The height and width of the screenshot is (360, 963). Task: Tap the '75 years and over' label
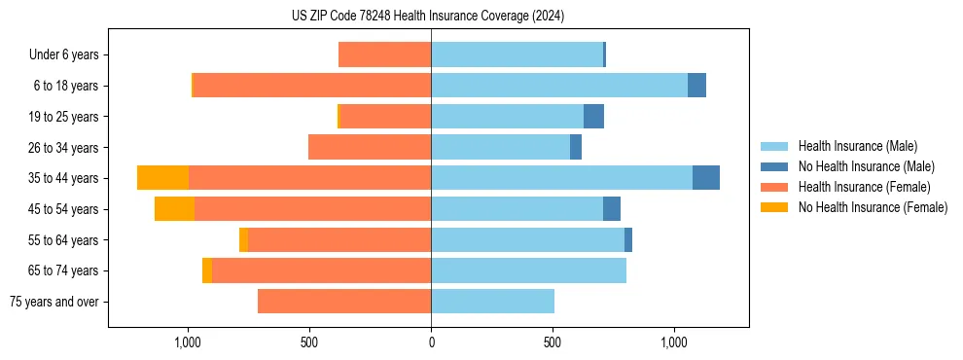point(53,302)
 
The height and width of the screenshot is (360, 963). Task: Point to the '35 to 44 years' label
point(63,178)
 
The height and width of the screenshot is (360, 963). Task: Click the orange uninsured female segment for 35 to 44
point(162,178)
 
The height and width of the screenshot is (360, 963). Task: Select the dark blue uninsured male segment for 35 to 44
point(706,178)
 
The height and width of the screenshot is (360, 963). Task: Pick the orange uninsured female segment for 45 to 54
point(174,209)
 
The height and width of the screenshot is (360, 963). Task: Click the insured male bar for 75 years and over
point(492,302)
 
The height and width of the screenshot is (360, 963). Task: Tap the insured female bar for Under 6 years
point(384,54)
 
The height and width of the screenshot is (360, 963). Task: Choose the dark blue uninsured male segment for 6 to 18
point(696,86)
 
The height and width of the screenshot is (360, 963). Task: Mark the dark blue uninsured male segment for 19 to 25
point(593,117)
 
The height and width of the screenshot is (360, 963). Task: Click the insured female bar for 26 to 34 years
point(370,147)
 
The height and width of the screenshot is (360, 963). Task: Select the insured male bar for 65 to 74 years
point(528,270)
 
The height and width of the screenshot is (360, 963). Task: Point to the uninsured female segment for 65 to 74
point(207,270)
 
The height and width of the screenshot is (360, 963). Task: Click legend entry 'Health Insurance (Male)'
point(857,146)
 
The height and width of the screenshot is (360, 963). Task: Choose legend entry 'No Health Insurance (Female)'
point(873,207)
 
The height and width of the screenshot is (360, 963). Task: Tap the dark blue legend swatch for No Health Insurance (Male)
point(774,166)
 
